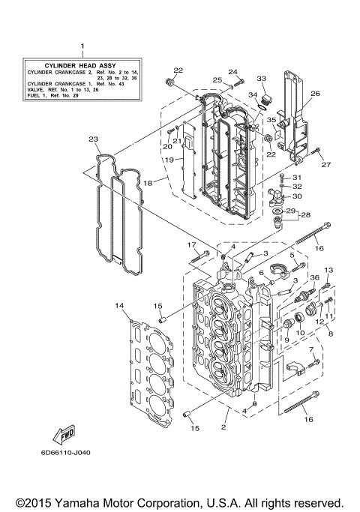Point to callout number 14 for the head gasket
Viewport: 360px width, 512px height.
[118, 306]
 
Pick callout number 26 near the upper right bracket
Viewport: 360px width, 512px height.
[315, 94]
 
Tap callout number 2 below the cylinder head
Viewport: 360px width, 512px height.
[223, 427]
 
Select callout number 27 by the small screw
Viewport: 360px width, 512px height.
[325, 164]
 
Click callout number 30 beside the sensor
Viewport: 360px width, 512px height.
[298, 196]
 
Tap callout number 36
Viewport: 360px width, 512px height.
[314, 278]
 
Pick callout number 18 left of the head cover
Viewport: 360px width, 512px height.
[148, 182]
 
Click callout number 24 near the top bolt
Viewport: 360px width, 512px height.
[232, 72]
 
